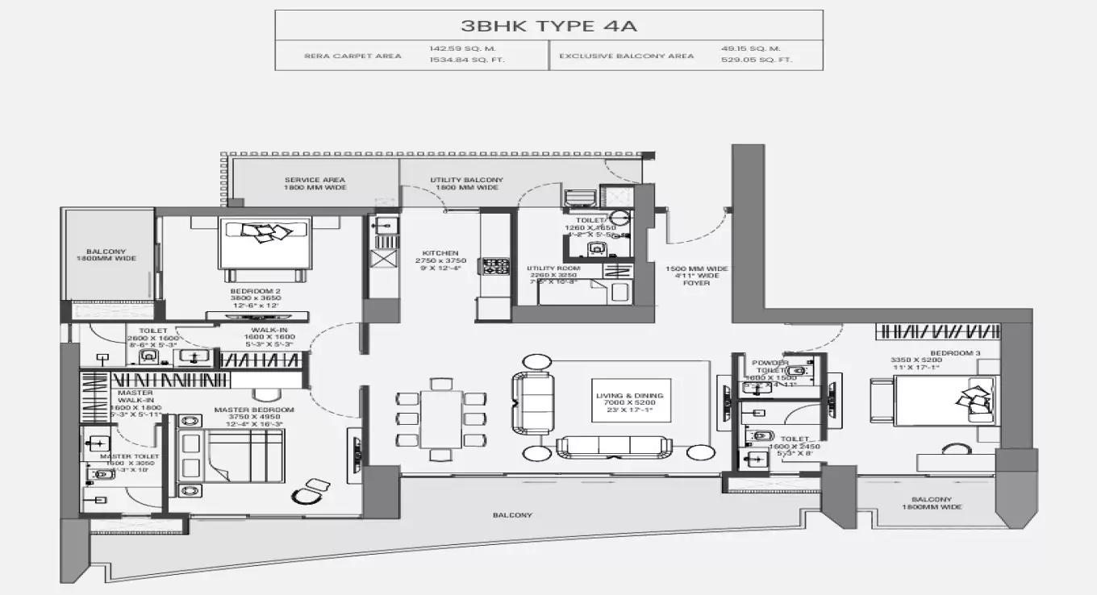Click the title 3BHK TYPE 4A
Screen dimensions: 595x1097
[x=548, y=26]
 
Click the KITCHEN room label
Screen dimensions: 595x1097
[x=440, y=252]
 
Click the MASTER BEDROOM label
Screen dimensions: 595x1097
[x=254, y=410]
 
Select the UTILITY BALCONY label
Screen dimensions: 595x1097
[x=466, y=180]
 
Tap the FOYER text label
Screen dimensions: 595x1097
[x=696, y=283]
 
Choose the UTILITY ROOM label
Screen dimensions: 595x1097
[x=551, y=268]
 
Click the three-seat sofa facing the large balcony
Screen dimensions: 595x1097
[x=613, y=447]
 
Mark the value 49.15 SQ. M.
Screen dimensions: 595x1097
[x=750, y=48]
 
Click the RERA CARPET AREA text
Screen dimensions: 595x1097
[x=352, y=56]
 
